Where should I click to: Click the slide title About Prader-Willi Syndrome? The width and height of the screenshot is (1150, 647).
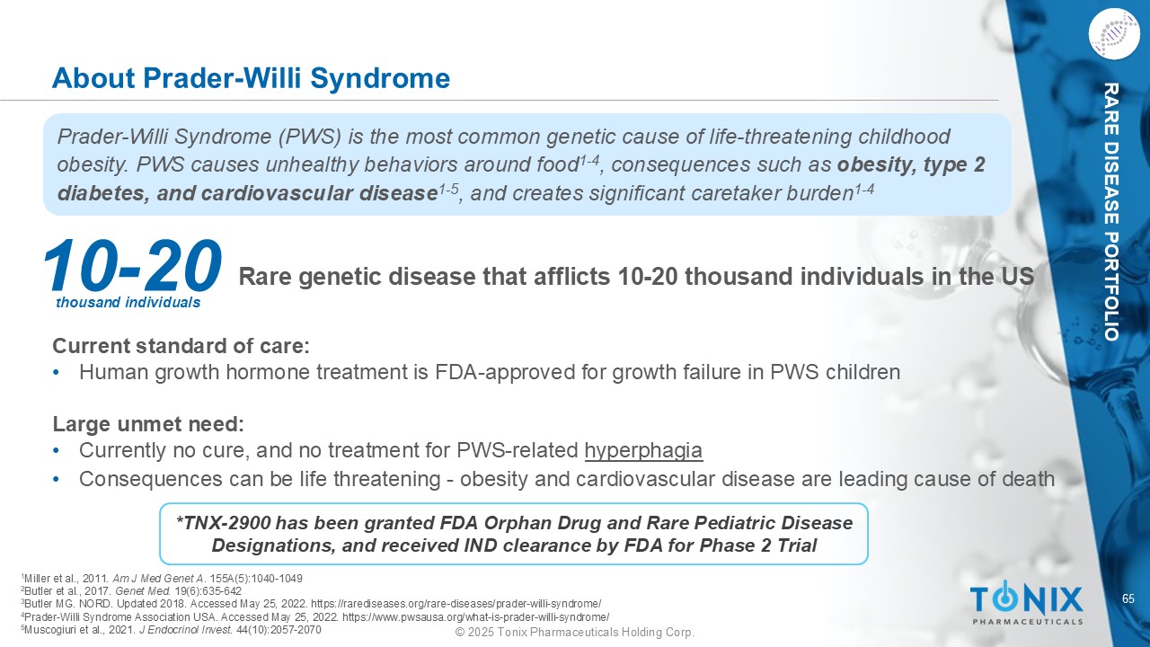pos(251,78)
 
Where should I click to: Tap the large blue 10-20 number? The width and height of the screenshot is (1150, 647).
pos(132,266)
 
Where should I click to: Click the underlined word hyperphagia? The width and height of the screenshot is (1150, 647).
pos(643,451)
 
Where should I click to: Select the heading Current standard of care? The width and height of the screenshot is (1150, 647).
pos(181,346)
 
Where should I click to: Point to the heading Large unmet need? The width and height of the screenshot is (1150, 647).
pos(148,424)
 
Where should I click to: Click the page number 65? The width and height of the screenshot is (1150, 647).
pos(1128,598)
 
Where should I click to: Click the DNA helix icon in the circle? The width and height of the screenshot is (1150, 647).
pos(1114,34)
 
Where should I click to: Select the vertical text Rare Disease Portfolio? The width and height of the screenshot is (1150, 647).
pos(1111,212)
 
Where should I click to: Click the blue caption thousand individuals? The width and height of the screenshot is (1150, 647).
pos(128,303)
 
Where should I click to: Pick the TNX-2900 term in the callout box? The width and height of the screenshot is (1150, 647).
pos(222,523)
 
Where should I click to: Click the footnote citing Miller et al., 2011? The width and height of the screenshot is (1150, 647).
pos(162,578)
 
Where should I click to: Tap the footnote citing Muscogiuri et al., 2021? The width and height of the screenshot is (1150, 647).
pos(171,630)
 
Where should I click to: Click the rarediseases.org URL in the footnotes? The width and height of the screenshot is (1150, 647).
pos(456,604)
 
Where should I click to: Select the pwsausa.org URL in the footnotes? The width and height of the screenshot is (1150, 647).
pos(475,616)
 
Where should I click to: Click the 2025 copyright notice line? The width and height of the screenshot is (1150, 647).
pos(575,632)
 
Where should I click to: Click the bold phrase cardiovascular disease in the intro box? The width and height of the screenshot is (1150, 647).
pos(319,193)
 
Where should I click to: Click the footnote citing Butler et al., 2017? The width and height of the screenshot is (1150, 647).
pos(131,591)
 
